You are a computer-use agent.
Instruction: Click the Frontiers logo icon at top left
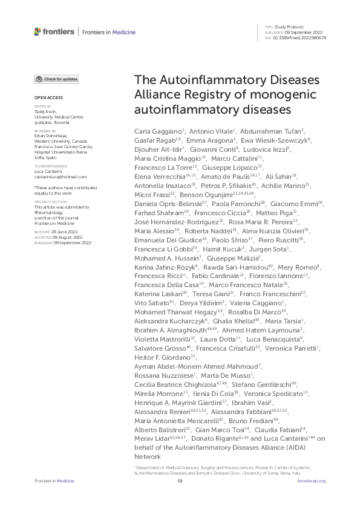(38, 31)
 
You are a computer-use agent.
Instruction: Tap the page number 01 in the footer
(180, 481)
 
